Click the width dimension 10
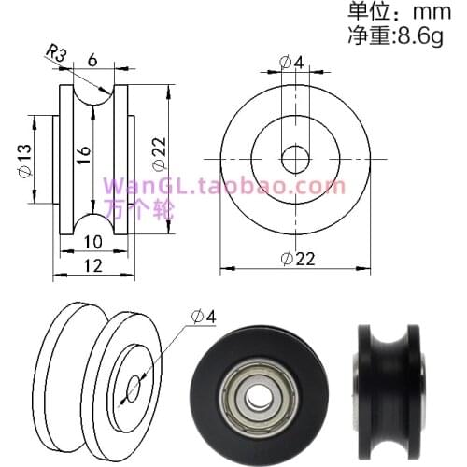point(92,242)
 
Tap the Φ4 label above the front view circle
point(291,64)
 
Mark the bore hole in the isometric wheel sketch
point(133,386)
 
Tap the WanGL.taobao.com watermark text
point(224,186)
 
